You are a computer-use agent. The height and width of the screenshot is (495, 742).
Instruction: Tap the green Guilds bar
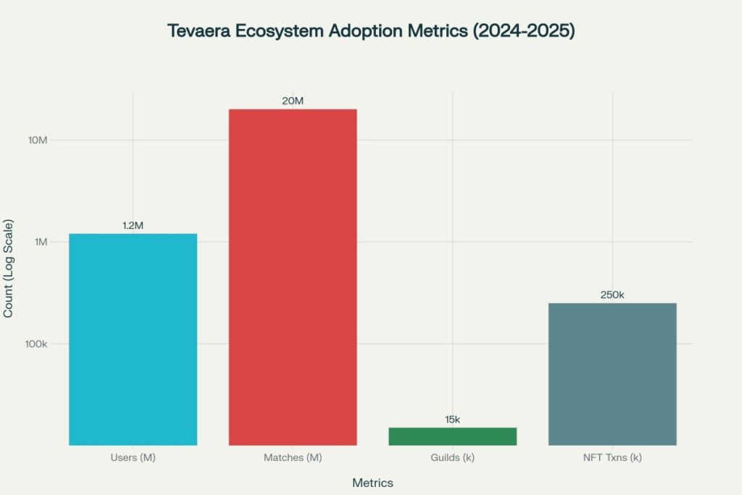(x=452, y=436)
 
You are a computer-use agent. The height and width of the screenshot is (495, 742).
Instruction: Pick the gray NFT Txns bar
(x=612, y=374)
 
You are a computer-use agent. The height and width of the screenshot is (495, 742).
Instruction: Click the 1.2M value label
(x=133, y=225)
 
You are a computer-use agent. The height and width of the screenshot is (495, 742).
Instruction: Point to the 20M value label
(x=293, y=101)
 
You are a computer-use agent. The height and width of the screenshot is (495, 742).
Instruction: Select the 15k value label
(x=452, y=420)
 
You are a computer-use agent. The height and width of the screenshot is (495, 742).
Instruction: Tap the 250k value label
(x=612, y=295)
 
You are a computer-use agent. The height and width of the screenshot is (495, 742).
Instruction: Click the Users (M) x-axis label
(x=133, y=458)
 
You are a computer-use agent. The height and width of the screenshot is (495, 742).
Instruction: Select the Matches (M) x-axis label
(x=293, y=458)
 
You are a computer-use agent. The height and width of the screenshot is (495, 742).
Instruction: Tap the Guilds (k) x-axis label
(x=452, y=458)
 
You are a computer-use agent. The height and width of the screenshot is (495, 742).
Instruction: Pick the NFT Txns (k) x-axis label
(x=612, y=458)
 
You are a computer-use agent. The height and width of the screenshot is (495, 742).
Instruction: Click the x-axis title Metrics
(x=372, y=483)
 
